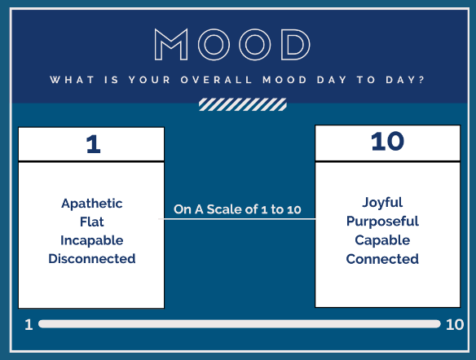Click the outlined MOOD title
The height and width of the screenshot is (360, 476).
[x=232, y=45]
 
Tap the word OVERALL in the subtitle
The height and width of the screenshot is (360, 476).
[x=216, y=80]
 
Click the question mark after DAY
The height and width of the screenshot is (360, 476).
[x=421, y=80]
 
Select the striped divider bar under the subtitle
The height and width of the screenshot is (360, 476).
[x=243, y=104]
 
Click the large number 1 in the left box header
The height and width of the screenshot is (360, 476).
[x=93, y=144]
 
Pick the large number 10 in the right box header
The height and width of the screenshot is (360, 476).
[x=387, y=142]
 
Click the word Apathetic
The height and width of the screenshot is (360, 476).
[x=92, y=203]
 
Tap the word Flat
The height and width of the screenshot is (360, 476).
[x=91, y=222]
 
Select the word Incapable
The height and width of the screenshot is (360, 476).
[x=91, y=240]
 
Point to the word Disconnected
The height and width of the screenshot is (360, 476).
[x=91, y=259]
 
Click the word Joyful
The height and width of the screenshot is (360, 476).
[x=382, y=203]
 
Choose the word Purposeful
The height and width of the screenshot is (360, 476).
[x=382, y=222]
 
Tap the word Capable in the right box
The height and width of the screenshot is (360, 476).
[x=382, y=240]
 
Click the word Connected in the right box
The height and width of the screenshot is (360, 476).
[x=382, y=259]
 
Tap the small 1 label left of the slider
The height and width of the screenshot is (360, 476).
[x=29, y=324]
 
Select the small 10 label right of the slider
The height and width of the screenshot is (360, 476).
[x=455, y=324]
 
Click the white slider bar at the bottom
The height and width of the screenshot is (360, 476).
[x=239, y=324]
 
